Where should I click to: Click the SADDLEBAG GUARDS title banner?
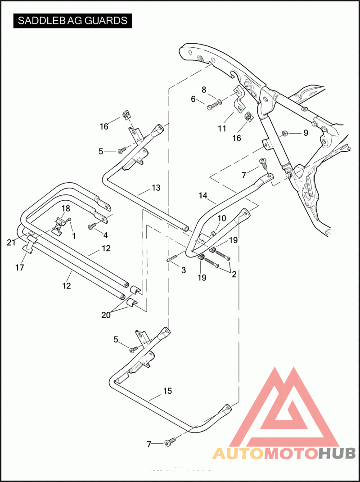(x=72, y=21)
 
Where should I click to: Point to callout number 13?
(x=156, y=188)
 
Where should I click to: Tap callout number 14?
(x=203, y=196)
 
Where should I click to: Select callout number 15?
(x=167, y=391)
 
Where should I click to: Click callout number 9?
(x=306, y=133)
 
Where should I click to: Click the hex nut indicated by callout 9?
(x=285, y=133)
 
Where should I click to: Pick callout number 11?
(x=222, y=129)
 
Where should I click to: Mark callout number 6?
(x=193, y=99)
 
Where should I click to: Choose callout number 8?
(x=204, y=90)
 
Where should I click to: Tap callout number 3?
(x=183, y=270)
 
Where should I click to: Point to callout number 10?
(x=222, y=218)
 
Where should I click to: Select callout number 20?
(x=106, y=315)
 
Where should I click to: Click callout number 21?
(x=11, y=243)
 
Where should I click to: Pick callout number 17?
(x=19, y=267)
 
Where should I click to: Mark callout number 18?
(x=66, y=208)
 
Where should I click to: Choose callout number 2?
(x=234, y=274)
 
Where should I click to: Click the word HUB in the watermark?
(x=337, y=453)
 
